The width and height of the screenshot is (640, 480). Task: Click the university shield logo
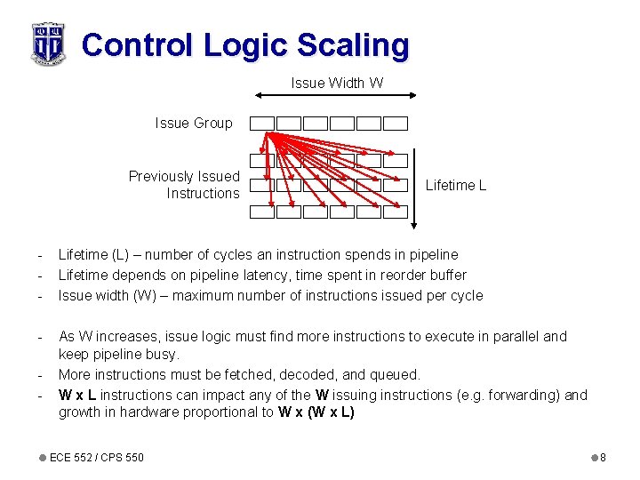point(47,43)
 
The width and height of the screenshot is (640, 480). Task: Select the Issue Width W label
point(337,83)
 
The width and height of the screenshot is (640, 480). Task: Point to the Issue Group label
point(193,124)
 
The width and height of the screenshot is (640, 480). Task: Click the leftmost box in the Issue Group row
point(261,124)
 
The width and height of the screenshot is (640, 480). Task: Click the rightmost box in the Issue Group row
point(396,124)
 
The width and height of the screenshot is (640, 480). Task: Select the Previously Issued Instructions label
point(184,185)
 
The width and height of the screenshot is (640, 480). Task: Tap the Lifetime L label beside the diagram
point(456,185)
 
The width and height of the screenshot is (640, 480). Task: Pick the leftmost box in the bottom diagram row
point(261,212)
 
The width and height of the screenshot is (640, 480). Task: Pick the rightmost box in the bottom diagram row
point(396,212)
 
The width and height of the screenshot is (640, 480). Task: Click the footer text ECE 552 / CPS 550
point(97,458)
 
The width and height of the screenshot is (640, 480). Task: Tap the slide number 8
point(602,458)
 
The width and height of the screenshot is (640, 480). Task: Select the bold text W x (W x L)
point(316,412)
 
